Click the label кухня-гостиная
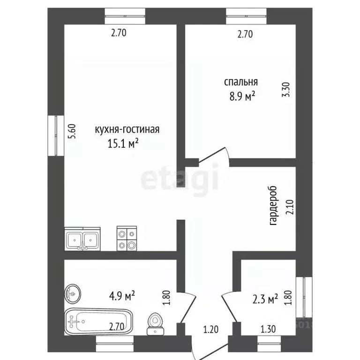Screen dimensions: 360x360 click(x=127, y=129)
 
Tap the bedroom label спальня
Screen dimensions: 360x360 click(x=241, y=82)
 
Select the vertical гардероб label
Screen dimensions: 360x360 click(x=273, y=205)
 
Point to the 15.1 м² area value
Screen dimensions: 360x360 click(x=123, y=143)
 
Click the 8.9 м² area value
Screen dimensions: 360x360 click(x=242, y=96)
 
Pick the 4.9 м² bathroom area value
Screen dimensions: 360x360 click(x=122, y=296)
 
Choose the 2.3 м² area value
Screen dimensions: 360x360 click(x=265, y=299)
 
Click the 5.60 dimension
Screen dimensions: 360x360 click(x=73, y=131)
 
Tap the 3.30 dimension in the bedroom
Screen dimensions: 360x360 click(x=286, y=90)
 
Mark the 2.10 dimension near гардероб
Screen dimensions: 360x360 click(x=290, y=207)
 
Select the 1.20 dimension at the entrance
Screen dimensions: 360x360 click(x=211, y=330)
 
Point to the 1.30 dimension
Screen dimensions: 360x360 click(x=268, y=329)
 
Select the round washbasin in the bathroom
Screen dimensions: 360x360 click(x=73, y=293)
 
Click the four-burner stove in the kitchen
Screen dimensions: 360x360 click(x=127, y=238)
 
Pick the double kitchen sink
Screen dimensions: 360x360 click(x=82, y=239)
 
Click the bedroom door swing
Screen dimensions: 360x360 click(x=214, y=155)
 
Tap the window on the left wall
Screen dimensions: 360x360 click(x=56, y=135)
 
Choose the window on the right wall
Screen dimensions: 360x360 click(x=304, y=297)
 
